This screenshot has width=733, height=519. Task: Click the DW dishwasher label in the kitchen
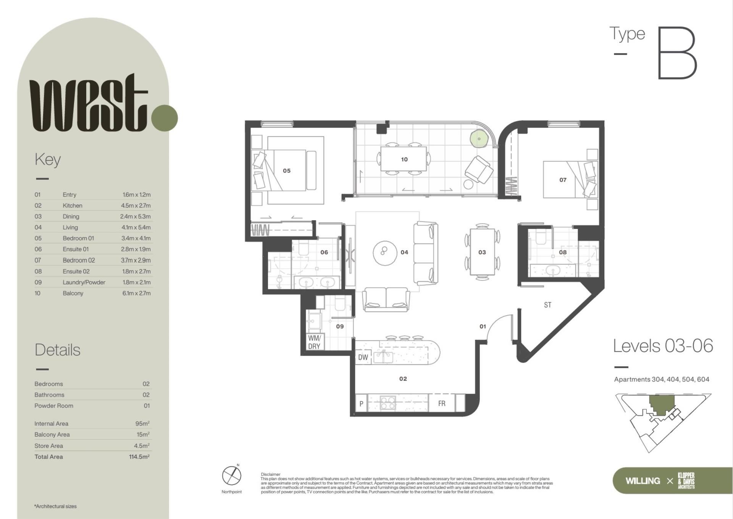363,357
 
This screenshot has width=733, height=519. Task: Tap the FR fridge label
442,404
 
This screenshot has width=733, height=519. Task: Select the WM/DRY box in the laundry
314,342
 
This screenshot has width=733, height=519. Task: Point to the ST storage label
547,305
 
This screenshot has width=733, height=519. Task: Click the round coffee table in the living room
385,253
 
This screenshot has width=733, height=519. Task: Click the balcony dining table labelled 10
404,159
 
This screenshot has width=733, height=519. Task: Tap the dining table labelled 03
482,252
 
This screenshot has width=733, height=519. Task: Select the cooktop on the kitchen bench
388,404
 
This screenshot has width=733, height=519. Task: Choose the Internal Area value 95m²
142,423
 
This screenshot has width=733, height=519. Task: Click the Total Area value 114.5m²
139,457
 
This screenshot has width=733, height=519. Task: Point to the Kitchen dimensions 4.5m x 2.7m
136,206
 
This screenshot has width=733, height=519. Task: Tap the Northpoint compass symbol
232,476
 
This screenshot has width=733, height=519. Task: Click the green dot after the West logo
165,118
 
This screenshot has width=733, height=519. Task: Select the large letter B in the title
677,53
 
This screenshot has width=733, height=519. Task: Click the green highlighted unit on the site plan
662,405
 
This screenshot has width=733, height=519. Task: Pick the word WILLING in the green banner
643,481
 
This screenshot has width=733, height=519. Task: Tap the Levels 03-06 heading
663,346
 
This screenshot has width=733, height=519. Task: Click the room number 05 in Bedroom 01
287,171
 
